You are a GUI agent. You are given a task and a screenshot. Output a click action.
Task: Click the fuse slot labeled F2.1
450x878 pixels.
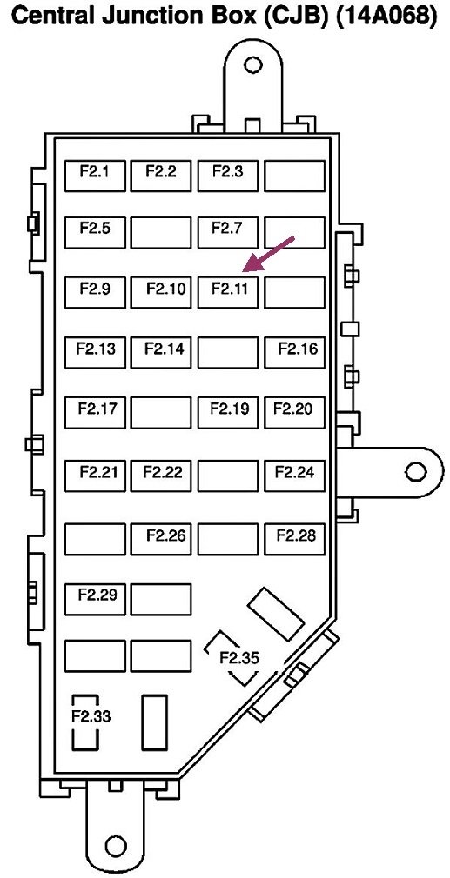tap(95, 176)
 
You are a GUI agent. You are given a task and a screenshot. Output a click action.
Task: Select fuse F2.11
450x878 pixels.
tap(228, 292)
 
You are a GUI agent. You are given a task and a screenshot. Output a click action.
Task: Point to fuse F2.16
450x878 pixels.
tap(295, 353)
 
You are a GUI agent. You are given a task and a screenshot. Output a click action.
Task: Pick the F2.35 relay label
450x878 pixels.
tap(239, 658)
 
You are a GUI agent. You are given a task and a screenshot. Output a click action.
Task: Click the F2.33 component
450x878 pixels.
tap(86, 722)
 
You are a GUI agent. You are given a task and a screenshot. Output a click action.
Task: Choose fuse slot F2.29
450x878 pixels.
tap(95, 599)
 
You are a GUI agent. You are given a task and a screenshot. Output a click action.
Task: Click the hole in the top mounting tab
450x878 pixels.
tap(252, 64)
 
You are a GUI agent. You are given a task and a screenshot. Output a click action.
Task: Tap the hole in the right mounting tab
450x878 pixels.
tap(416, 471)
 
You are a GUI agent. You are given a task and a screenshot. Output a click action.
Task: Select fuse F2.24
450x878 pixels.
tap(295, 476)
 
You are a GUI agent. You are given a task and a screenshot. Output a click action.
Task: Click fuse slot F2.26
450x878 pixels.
tap(161, 539)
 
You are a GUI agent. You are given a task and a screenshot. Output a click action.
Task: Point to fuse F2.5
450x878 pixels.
tap(95, 232)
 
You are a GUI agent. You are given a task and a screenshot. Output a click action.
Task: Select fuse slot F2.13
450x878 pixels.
tap(95, 353)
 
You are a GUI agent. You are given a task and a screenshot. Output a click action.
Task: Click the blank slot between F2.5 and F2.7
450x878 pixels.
tap(161, 232)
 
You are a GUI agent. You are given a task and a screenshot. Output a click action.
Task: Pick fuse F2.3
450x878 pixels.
tap(228, 176)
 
